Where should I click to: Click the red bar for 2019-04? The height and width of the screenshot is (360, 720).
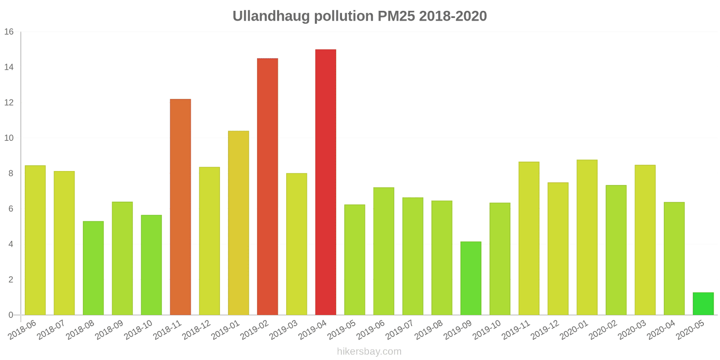pyautogui.click(x=325, y=182)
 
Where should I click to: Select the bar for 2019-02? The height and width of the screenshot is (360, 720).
pyautogui.click(x=267, y=187)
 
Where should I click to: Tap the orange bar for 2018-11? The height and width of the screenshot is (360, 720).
pyautogui.click(x=180, y=207)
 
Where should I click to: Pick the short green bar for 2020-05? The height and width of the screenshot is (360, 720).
pyautogui.click(x=703, y=304)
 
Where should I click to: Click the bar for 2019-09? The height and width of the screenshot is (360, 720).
pyautogui.click(x=471, y=278)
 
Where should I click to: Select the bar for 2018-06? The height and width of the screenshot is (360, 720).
pyautogui.click(x=35, y=240)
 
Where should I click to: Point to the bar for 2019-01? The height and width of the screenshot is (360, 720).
pyautogui.click(x=238, y=223)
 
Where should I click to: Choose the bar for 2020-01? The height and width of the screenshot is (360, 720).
pyautogui.click(x=587, y=237)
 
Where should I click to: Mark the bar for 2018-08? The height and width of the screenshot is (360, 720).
pyautogui.click(x=93, y=268)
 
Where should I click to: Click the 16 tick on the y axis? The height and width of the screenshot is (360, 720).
pyautogui.click(x=9, y=32)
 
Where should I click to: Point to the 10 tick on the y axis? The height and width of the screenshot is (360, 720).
pyautogui.click(x=9, y=138)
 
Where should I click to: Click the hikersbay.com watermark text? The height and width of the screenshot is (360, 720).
pyautogui.click(x=369, y=351)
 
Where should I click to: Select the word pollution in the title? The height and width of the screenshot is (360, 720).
pyautogui.click(x=343, y=16)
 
